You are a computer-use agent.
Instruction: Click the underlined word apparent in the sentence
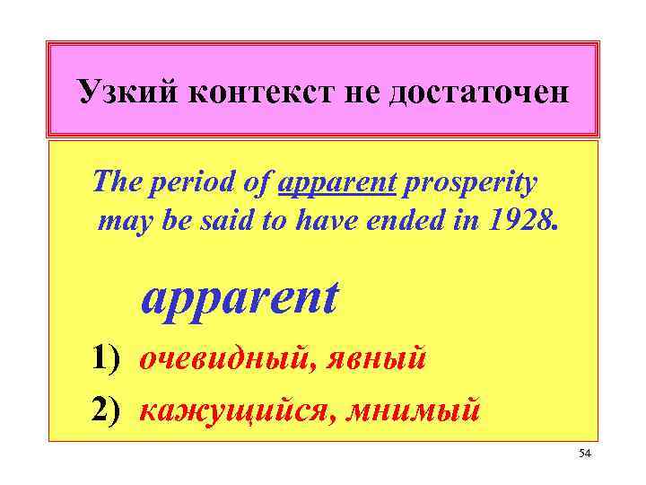click(338, 184)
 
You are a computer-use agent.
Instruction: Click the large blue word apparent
click(239, 300)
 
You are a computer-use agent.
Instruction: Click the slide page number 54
click(585, 456)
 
